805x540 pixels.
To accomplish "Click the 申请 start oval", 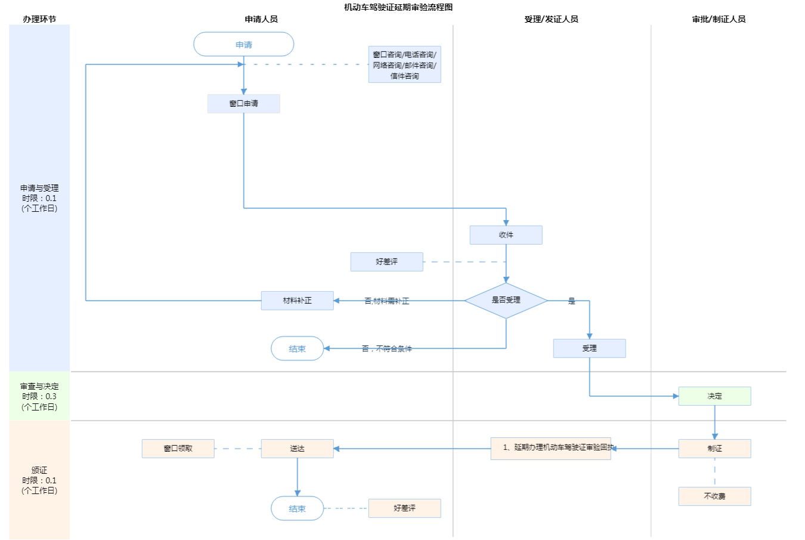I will point(243,45).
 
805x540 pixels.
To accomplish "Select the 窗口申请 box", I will point(243,104).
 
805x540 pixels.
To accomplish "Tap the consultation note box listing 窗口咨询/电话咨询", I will point(404,65).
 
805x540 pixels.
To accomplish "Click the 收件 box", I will point(506,235).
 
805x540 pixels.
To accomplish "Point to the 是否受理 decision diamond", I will point(506,300).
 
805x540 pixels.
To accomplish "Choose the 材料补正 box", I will point(297,301).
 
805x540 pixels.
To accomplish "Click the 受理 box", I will point(589,348).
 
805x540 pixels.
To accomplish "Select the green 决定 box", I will point(714,396).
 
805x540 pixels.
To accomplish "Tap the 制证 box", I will point(714,449).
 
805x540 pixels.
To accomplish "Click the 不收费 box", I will point(714,496).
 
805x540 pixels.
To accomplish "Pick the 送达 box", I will point(297,449).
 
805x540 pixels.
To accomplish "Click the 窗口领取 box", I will point(178,449).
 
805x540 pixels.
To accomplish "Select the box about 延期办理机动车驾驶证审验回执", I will point(550,448).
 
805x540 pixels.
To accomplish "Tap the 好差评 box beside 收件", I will point(386,262).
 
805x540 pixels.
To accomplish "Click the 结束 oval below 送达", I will point(297,509).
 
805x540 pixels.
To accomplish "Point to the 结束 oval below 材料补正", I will point(297,349).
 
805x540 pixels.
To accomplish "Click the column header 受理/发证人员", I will point(551,19).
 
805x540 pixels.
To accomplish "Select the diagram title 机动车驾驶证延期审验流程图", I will point(398,7).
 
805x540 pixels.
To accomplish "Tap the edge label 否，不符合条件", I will point(386,348).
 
